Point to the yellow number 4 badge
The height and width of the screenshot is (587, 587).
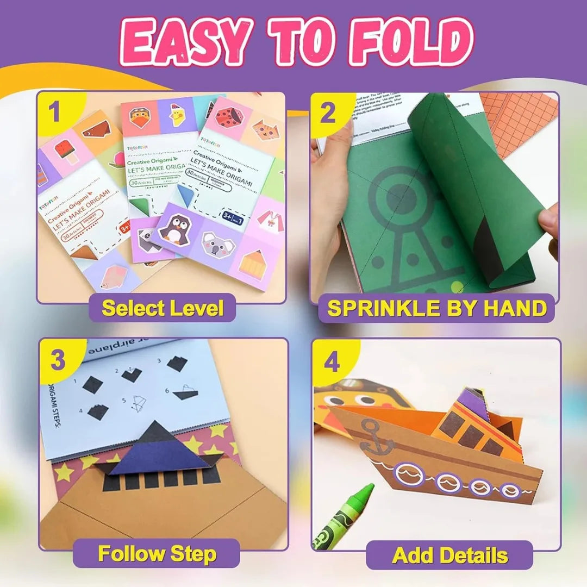pyautogui.click(x=332, y=363)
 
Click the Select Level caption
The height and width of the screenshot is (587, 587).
pyautogui.click(x=163, y=308)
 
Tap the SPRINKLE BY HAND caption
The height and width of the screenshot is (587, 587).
pyautogui.click(x=436, y=308)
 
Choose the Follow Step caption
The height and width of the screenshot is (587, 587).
pyautogui.click(x=157, y=554)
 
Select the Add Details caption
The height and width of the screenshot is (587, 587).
pyautogui.click(x=449, y=555)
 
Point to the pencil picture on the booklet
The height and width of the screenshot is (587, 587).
pyautogui.click(x=253, y=265)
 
